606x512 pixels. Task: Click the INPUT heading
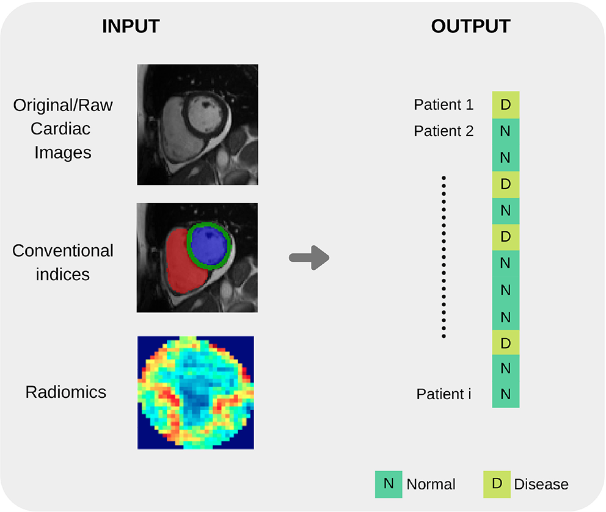click(x=130, y=26)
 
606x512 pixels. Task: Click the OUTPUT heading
click(x=470, y=26)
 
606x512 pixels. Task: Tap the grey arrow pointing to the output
click(x=309, y=258)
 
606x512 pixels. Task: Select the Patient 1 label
click(x=444, y=105)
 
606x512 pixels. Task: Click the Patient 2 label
click(x=444, y=131)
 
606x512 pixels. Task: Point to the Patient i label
click(x=444, y=394)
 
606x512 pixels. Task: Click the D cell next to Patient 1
click(x=506, y=105)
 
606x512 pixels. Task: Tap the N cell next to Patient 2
click(x=506, y=131)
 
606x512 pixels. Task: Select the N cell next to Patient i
click(x=506, y=394)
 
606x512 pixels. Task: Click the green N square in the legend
click(x=388, y=485)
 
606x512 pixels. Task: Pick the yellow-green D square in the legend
click(x=497, y=485)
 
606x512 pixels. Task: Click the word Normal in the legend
click(x=431, y=485)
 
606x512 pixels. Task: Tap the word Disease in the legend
click(x=541, y=485)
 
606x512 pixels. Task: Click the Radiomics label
click(x=66, y=392)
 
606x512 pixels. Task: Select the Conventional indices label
click(x=63, y=262)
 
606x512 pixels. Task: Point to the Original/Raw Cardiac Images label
click(x=63, y=128)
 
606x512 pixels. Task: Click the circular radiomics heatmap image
click(x=195, y=392)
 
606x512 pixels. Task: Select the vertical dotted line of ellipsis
click(x=444, y=256)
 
